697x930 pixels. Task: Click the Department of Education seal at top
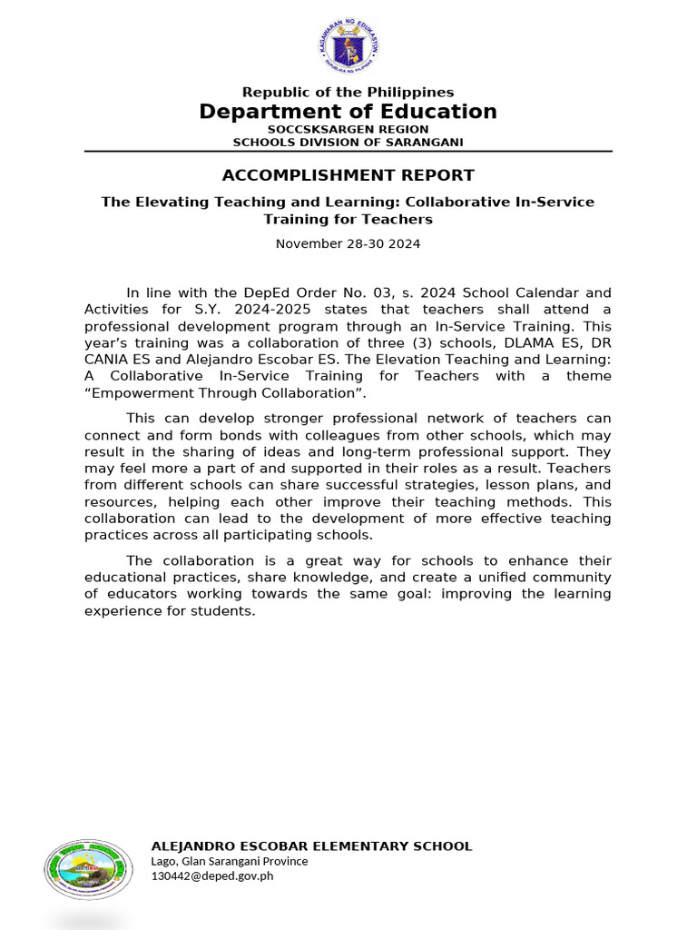point(348,47)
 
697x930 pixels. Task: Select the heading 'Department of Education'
point(348,112)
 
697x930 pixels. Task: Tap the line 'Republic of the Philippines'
point(348,92)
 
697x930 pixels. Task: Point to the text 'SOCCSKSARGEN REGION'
point(348,129)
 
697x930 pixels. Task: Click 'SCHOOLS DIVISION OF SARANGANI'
point(348,142)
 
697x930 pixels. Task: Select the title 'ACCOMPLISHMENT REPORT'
point(348,175)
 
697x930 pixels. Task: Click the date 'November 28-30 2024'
point(348,243)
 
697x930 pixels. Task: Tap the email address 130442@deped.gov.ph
point(211,876)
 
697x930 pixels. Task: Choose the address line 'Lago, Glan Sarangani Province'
point(229,861)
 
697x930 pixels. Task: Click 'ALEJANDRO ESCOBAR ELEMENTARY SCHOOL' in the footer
point(311,846)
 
